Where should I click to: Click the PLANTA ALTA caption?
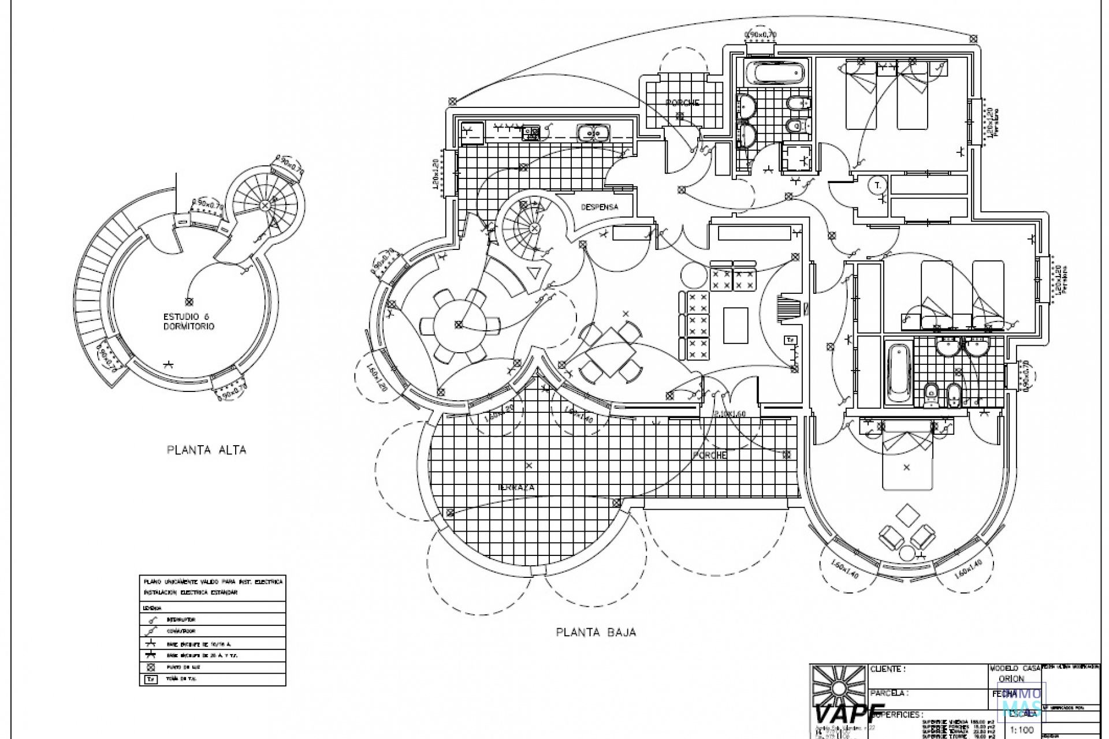[x=206, y=450]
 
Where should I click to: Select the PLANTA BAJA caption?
[x=596, y=632]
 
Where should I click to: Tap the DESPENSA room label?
[x=599, y=207]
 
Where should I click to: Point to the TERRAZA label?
[x=516, y=488]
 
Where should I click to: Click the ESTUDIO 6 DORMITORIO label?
[x=189, y=322]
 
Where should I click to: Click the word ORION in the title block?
[x=1011, y=679]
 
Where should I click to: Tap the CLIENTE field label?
[x=888, y=670]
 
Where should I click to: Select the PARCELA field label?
[x=890, y=693]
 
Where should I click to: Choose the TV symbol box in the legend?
[x=151, y=680]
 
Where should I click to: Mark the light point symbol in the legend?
[x=151, y=667]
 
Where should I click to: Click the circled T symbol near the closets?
[x=878, y=185]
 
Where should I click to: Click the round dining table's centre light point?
[x=458, y=324]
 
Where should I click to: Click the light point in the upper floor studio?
[x=189, y=301]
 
